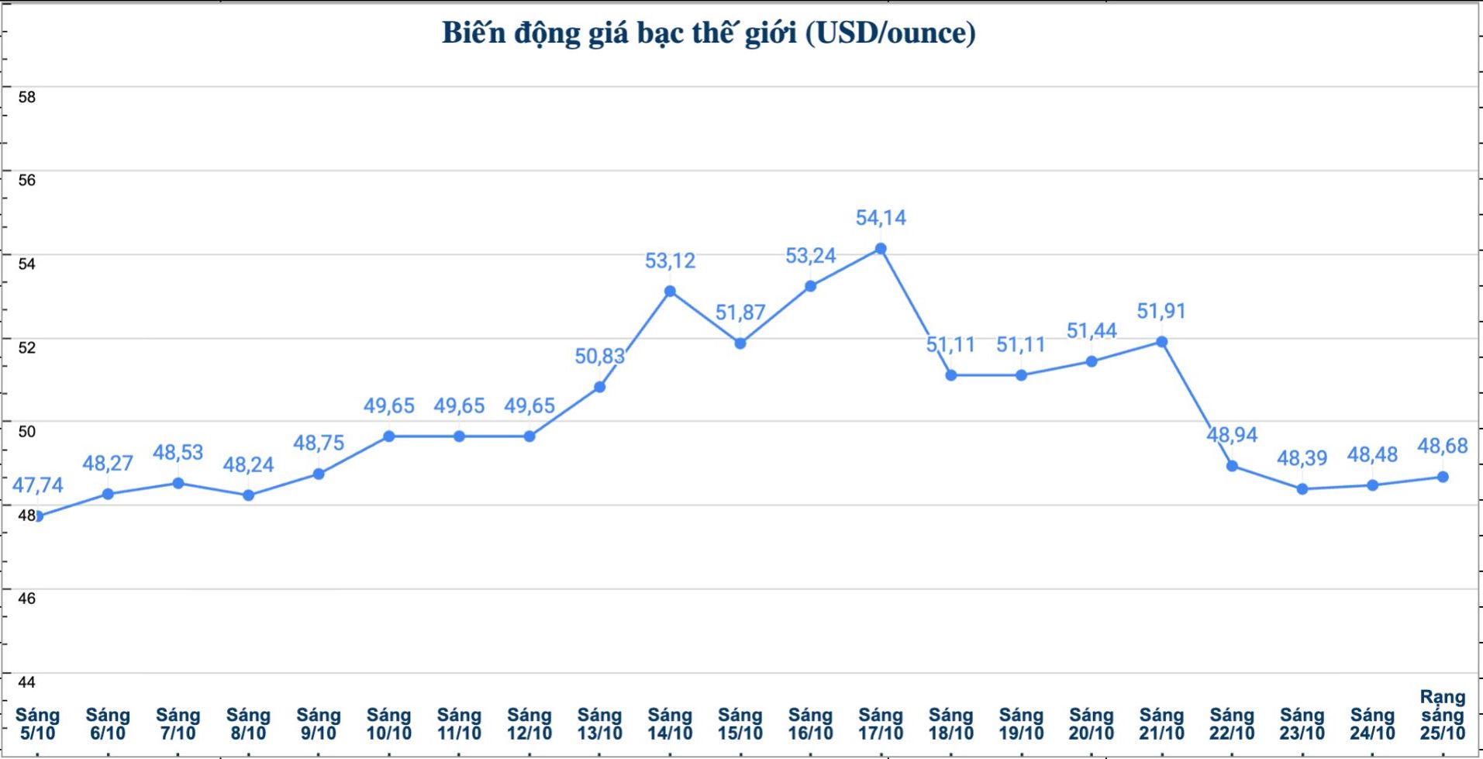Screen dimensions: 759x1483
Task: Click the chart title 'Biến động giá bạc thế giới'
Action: [708, 33]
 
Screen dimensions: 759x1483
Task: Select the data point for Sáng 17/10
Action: [881, 249]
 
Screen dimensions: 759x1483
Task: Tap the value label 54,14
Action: [881, 218]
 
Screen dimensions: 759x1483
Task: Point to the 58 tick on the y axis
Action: [27, 97]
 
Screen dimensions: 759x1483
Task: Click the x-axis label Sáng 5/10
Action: [37, 723]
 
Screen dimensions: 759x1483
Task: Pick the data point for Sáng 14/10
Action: [670, 292]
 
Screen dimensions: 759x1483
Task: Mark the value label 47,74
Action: [37, 485]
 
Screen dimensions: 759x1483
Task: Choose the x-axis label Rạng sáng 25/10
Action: [1442, 715]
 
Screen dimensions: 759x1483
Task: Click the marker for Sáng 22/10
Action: [1232, 466]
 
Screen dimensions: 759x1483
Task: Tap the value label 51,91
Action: [1161, 311]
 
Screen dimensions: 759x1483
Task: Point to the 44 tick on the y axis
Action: [27, 681]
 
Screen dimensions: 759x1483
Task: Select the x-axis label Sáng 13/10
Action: [599, 723]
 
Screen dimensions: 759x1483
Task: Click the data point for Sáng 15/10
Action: [740, 343]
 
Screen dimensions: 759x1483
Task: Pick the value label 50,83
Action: [599, 357]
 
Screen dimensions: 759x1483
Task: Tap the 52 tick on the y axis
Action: [27, 347]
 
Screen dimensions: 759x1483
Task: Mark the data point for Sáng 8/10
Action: [248, 495]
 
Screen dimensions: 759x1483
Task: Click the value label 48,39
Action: [1302, 458]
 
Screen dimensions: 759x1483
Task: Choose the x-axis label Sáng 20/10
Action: [1091, 723]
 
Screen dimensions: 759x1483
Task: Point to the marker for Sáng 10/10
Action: [389, 436]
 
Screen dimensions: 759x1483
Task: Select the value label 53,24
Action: [810, 256]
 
